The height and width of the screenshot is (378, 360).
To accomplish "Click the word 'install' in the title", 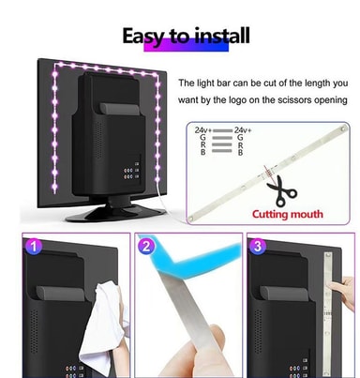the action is coord(221,36).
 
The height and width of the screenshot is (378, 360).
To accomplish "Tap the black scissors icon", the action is coord(280,191).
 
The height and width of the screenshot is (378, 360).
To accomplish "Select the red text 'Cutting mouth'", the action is coord(288,215).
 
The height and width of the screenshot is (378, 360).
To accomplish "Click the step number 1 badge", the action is coord(34,247).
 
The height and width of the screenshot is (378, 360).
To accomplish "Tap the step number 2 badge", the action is coord(146,247).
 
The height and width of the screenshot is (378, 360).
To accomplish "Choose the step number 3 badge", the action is coord(258,247).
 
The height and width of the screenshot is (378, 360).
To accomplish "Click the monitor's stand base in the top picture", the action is coord(115,214).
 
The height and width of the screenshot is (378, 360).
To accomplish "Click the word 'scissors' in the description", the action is coord(291,100).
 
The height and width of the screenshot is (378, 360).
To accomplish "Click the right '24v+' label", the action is coord(242,130).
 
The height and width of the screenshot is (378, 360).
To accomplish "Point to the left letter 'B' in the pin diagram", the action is coord(203,153).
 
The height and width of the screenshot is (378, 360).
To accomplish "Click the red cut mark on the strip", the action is coord(267,172).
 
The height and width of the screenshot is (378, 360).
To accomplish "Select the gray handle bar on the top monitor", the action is coord(119,109).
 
